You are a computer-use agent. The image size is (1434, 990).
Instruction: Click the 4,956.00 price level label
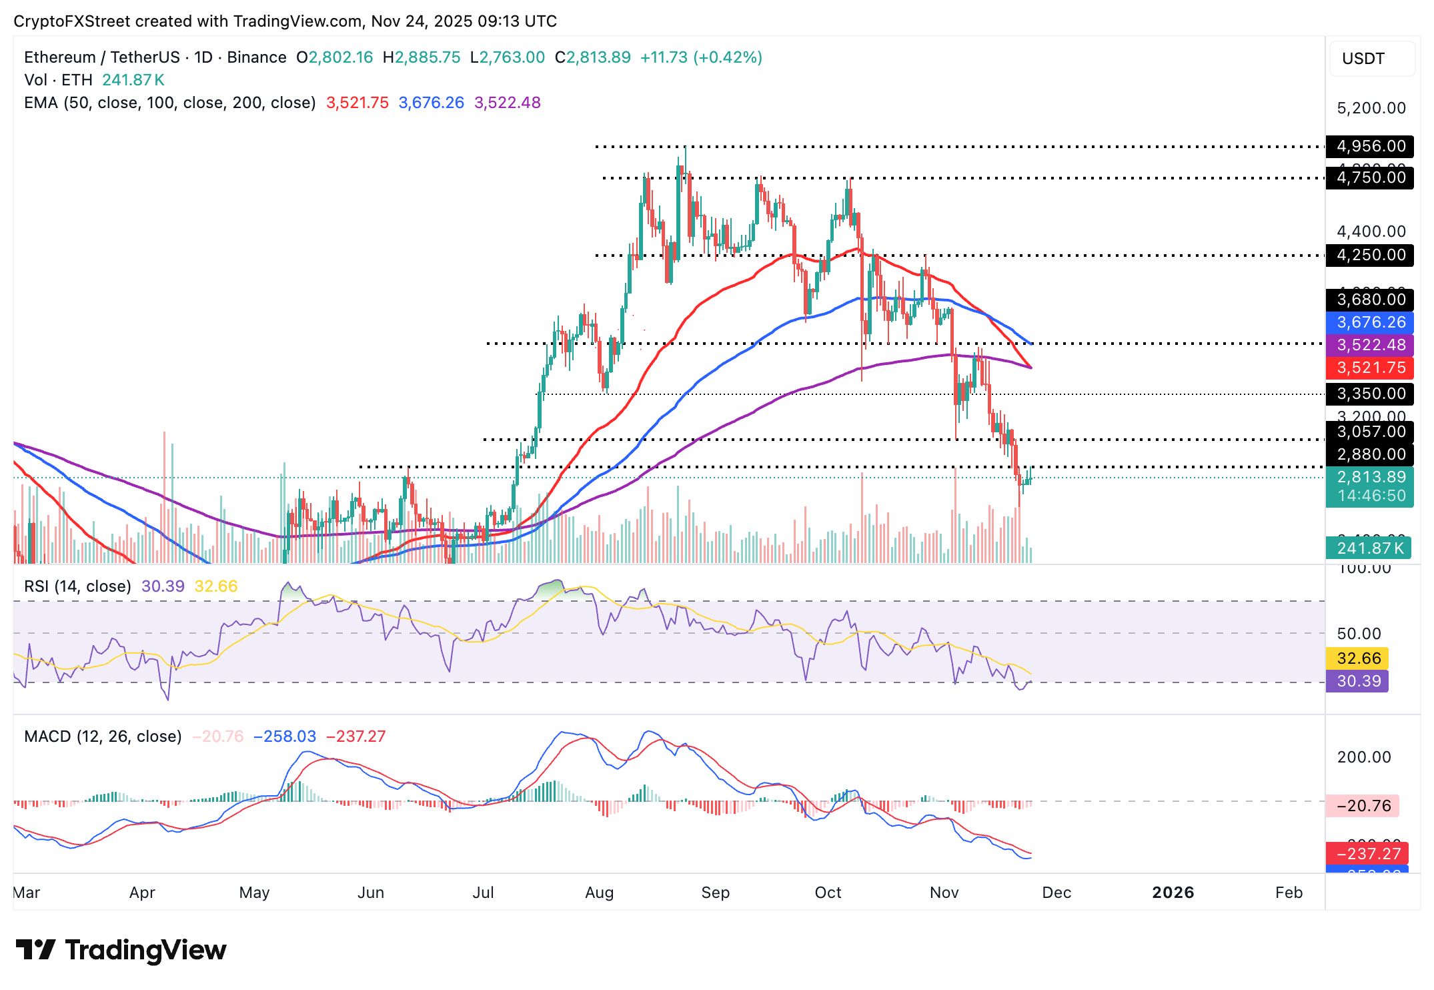click(1370, 146)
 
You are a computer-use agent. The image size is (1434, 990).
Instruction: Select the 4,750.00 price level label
click(1370, 177)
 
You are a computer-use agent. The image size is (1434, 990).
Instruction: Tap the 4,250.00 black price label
click(1370, 255)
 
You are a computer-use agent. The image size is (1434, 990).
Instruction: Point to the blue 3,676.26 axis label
click(1370, 322)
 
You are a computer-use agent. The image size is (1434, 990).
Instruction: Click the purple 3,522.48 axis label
click(1370, 345)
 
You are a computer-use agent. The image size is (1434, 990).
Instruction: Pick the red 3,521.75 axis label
click(1370, 368)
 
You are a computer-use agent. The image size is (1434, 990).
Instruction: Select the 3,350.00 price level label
click(1370, 394)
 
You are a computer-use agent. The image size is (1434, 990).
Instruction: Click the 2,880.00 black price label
click(1370, 454)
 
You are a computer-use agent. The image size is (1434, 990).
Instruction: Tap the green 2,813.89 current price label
click(1370, 478)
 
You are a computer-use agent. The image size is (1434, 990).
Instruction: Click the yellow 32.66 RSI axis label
click(1358, 658)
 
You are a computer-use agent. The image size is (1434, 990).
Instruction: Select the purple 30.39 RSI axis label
click(1358, 681)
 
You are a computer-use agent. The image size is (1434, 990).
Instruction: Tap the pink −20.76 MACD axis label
click(1363, 806)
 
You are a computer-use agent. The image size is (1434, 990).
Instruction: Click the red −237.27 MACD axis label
click(1367, 853)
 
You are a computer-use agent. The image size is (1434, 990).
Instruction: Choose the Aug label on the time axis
click(599, 893)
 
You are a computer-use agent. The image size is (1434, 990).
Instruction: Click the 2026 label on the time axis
click(1173, 893)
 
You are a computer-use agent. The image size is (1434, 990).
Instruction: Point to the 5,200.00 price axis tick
click(1371, 108)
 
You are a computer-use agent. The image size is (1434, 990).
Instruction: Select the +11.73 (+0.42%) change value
click(701, 57)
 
